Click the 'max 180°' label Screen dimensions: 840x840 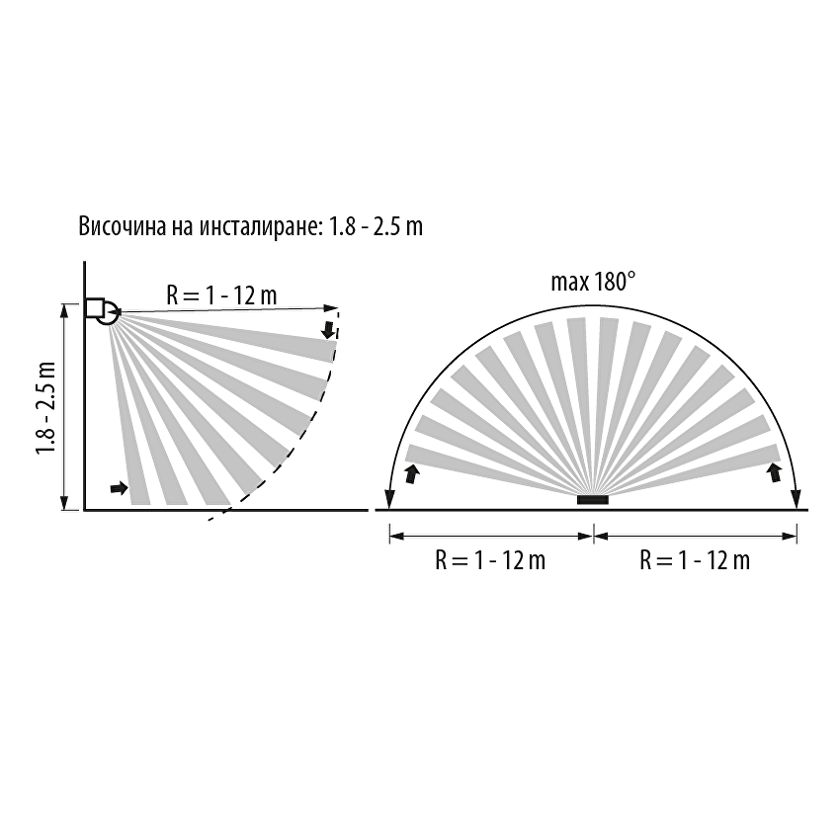[593, 282]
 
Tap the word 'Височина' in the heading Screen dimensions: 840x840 [123, 226]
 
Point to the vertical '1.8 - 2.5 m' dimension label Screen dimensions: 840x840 [46, 408]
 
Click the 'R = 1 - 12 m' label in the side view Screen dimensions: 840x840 [221, 295]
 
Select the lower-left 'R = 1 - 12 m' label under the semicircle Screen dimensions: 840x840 [490, 560]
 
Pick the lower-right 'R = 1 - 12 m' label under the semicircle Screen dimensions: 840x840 [695, 560]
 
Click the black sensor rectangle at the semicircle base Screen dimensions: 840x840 [593, 500]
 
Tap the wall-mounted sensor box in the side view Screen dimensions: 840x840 [94, 308]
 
